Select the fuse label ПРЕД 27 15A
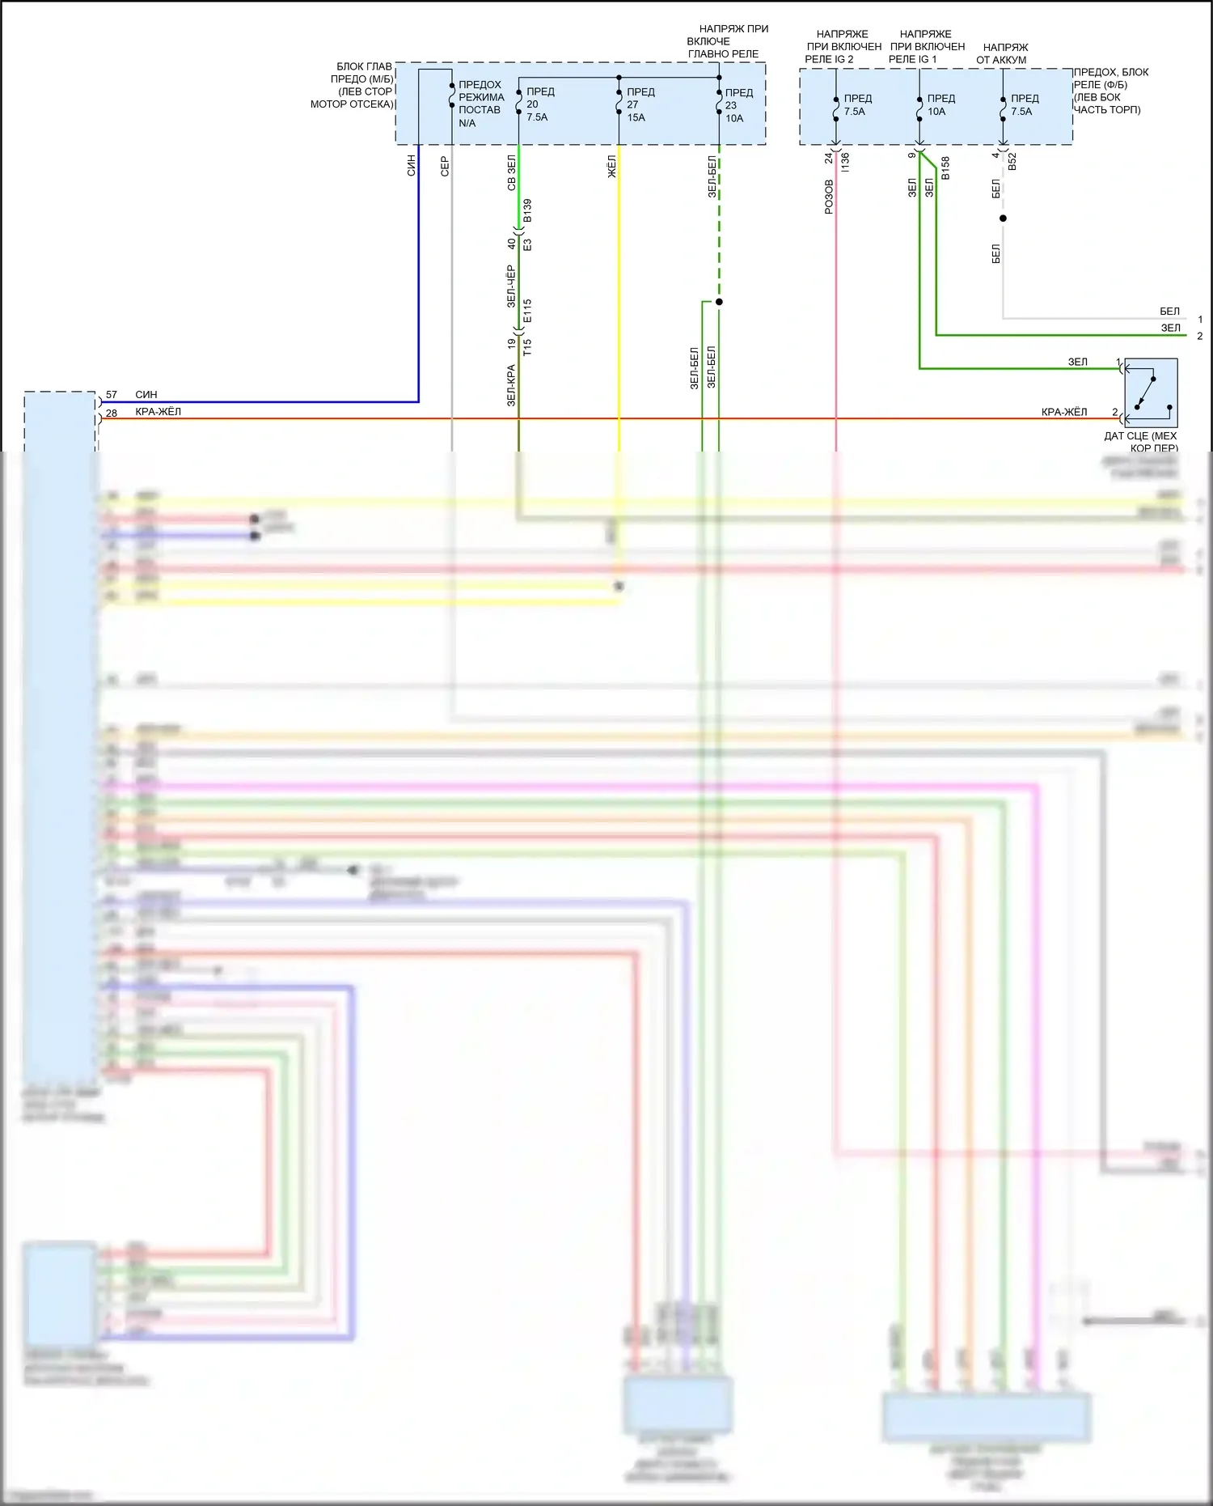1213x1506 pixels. pyautogui.click(x=640, y=104)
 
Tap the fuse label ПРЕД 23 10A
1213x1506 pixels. pyautogui.click(x=738, y=105)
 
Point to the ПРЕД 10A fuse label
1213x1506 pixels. pyautogui.click(x=940, y=105)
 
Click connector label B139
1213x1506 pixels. pyautogui.click(x=527, y=210)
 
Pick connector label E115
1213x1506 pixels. pyautogui.click(x=527, y=312)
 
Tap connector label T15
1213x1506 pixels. pyautogui.click(x=527, y=347)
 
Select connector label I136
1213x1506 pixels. pyautogui.click(x=845, y=161)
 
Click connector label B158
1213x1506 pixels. pyautogui.click(x=945, y=168)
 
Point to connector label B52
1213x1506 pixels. pyautogui.click(x=1012, y=161)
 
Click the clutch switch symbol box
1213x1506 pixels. pyautogui.click(x=1151, y=392)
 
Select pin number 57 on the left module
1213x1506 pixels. pyautogui.click(x=112, y=395)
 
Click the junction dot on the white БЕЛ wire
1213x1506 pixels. pyautogui.click(x=1003, y=218)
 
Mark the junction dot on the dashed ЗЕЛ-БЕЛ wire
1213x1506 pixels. pyautogui.click(x=719, y=302)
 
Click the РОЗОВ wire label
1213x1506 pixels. pyautogui.click(x=829, y=197)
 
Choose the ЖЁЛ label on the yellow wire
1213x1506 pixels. pyautogui.click(x=611, y=167)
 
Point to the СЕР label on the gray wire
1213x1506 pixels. pyautogui.click(x=444, y=167)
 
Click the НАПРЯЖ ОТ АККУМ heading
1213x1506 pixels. pyautogui.click(x=1002, y=53)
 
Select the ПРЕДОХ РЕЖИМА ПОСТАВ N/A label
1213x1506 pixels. pyautogui.click(x=480, y=104)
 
